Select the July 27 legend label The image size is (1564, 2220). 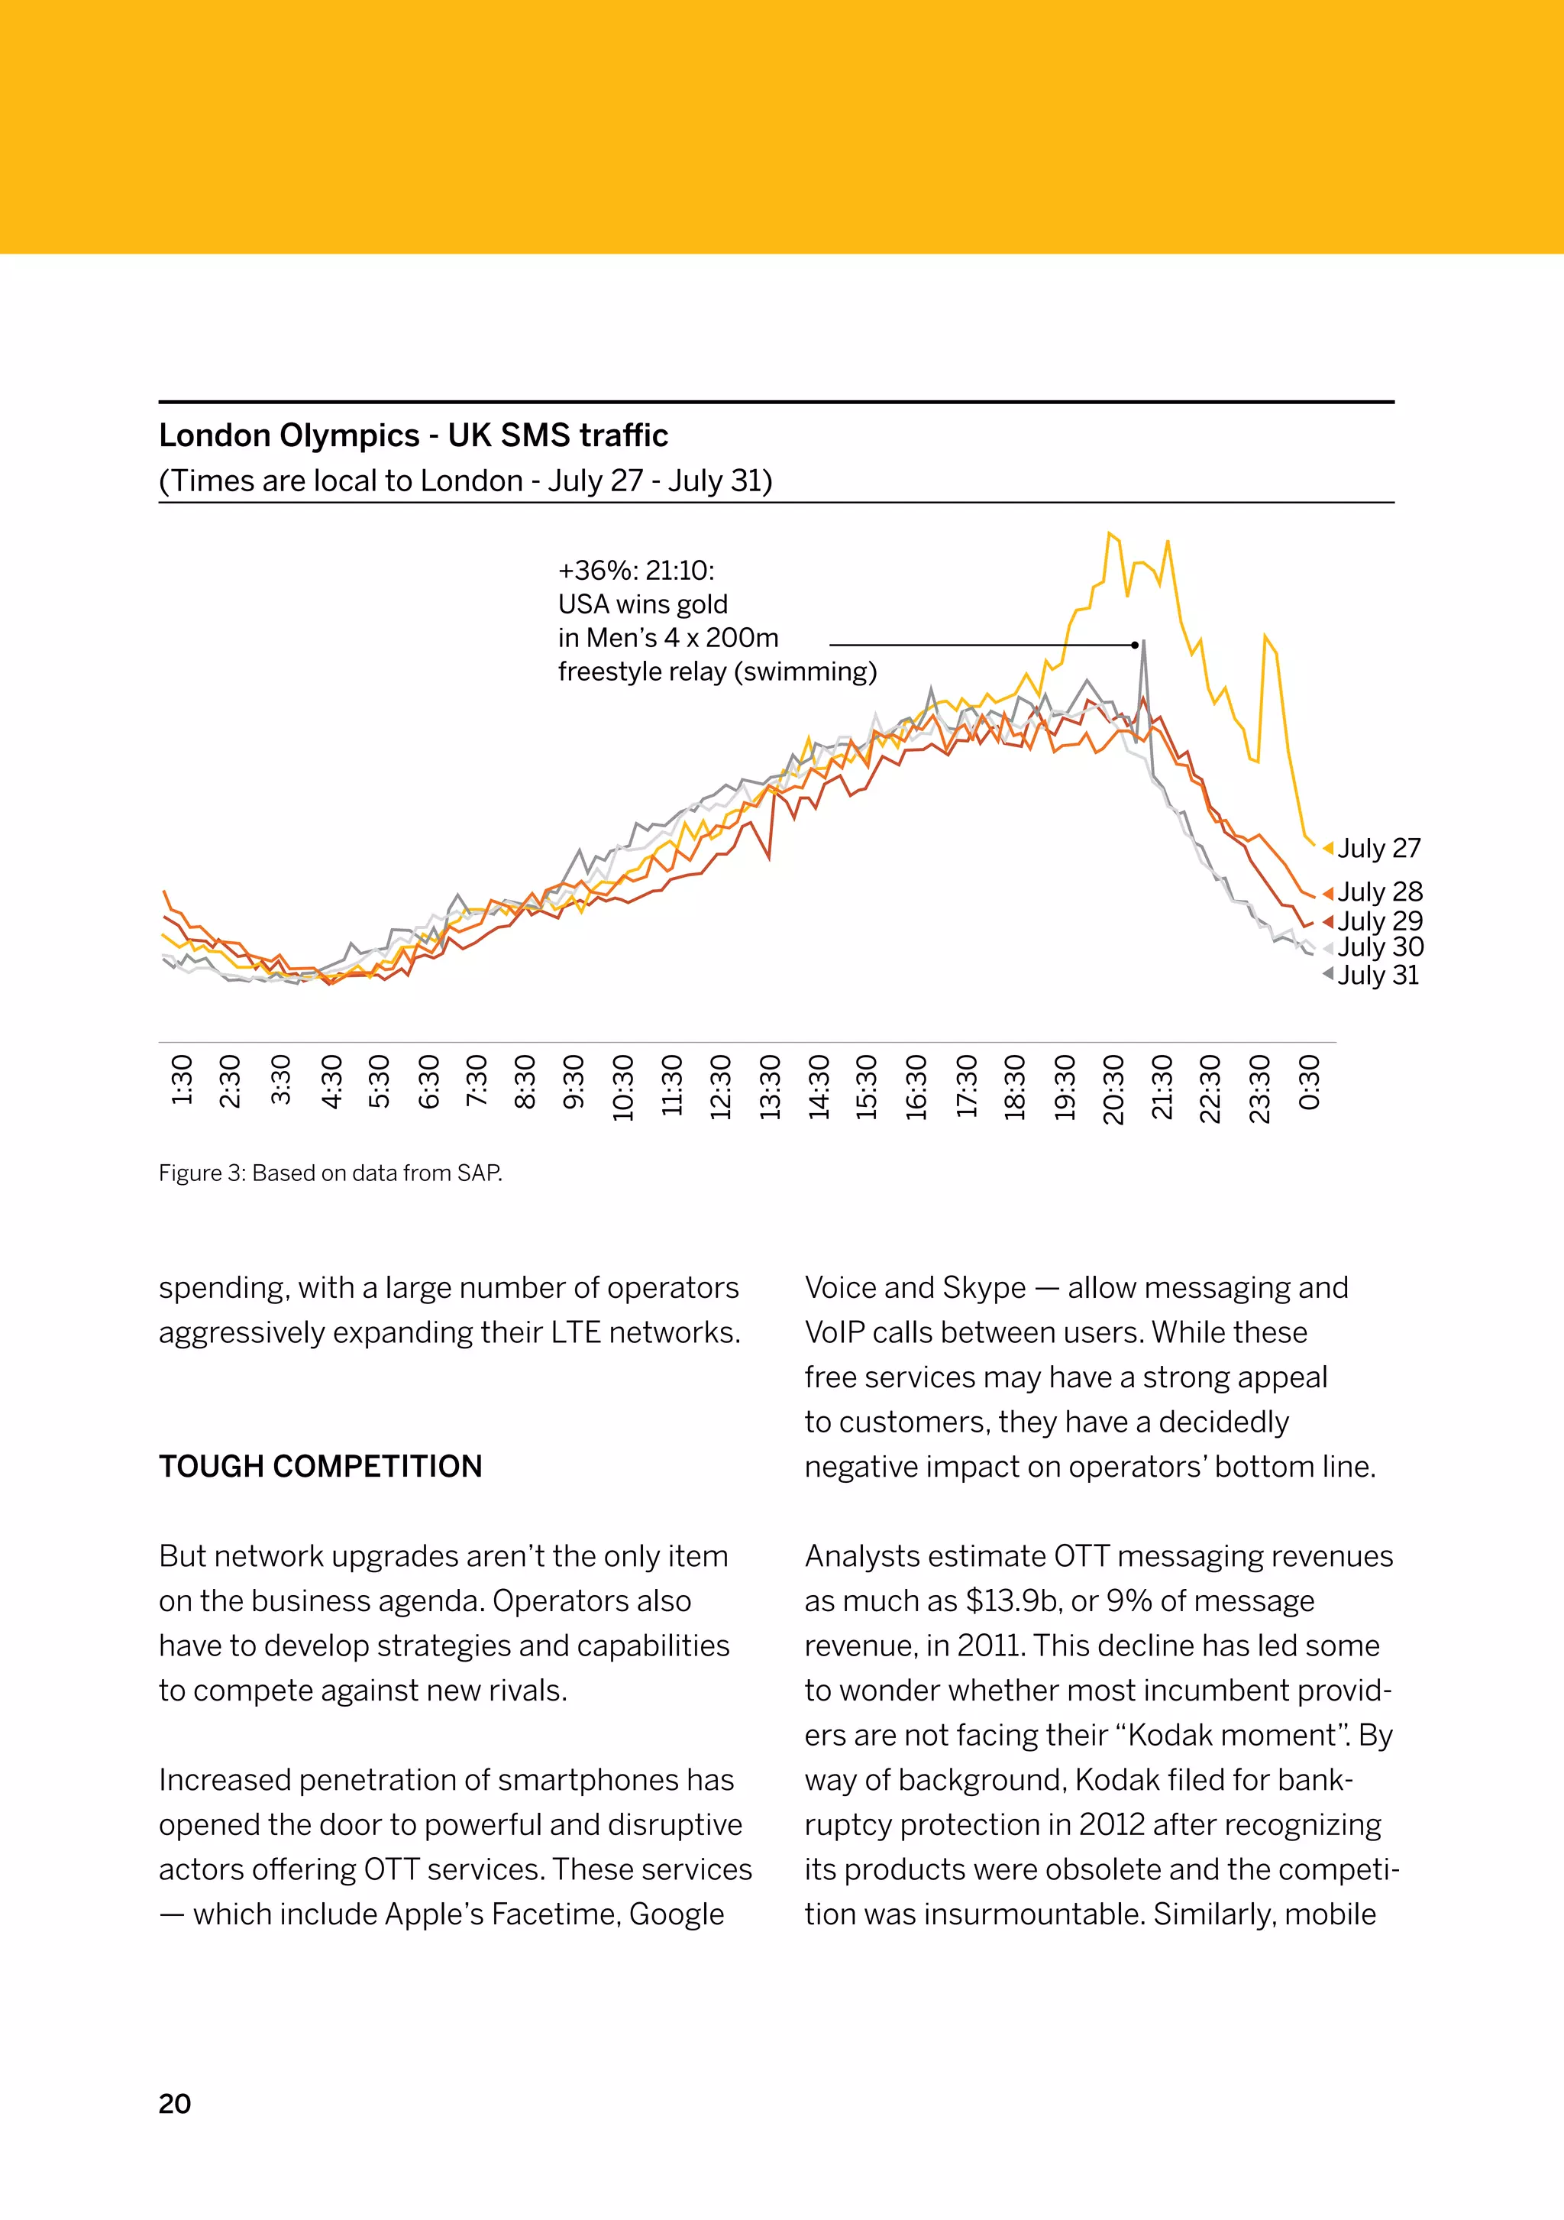point(1378,848)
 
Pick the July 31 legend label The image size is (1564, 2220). point(1378,975)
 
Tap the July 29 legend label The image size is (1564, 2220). point(1379,921)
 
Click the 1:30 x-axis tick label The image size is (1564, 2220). point(182,1080)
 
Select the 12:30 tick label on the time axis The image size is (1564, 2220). point(720,1088)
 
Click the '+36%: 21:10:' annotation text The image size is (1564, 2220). point(636,571)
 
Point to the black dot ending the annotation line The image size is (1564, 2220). point(1135,645)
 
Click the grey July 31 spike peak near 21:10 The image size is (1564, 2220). point(1143,641)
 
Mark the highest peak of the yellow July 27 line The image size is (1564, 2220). point(1109,532)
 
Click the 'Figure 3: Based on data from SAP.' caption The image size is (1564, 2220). point(331,1173)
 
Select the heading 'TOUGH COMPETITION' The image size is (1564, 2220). point(320,1467)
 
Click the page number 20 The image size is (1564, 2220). point(175,2104)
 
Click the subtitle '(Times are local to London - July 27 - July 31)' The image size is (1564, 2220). point(465,481)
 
